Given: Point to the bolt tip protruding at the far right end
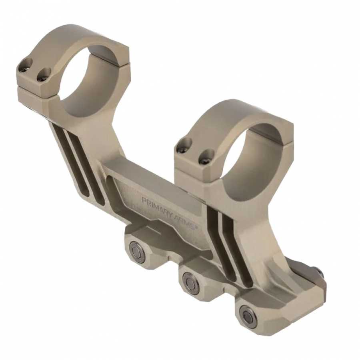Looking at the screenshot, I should (x=320, y=272).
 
